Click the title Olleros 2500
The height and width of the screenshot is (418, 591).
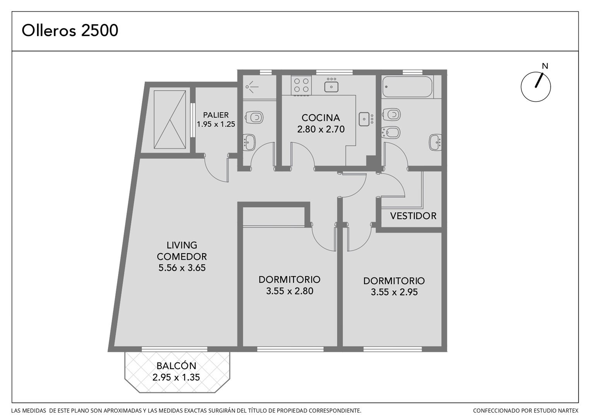click(70, 30)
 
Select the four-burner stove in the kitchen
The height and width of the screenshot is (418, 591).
click(301, 85)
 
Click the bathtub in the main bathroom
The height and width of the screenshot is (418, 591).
click(407, 87)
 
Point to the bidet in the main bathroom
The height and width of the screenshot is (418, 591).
click(391, 132)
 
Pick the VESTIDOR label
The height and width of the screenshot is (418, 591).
click(413, 216)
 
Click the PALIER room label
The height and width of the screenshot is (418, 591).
click(216, 115)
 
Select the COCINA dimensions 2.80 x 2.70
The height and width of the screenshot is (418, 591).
click(321, 129)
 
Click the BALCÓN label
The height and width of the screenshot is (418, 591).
click(176, 366)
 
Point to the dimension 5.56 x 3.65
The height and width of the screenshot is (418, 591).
click(182, 268)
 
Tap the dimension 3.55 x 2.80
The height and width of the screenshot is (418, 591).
click(289, 291)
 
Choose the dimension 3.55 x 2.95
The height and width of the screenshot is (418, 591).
click(394, 292)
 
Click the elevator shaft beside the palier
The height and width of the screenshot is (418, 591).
click(170, 120)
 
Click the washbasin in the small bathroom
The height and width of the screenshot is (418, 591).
click(249, 142)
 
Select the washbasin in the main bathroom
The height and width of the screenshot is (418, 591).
click(436, 142)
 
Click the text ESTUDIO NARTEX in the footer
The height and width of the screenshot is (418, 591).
click(548, 411)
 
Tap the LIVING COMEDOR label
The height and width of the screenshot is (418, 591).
click(182, 251)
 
